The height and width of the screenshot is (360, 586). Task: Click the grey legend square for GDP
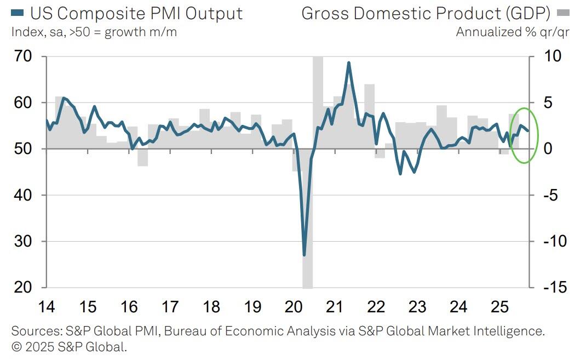(x=562, y=13)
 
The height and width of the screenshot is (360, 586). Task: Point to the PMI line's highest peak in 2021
(x=348, y=62)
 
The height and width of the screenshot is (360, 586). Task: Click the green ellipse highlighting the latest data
(x=537, y=135)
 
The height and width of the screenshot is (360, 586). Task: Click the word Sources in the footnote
(x=36, y=332)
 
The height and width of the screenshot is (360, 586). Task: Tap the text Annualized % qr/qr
(x=512, y=32)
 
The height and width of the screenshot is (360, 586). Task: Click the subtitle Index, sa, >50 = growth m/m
(x=94, y=32)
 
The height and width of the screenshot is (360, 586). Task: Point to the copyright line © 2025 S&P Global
(x=68, y=347)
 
